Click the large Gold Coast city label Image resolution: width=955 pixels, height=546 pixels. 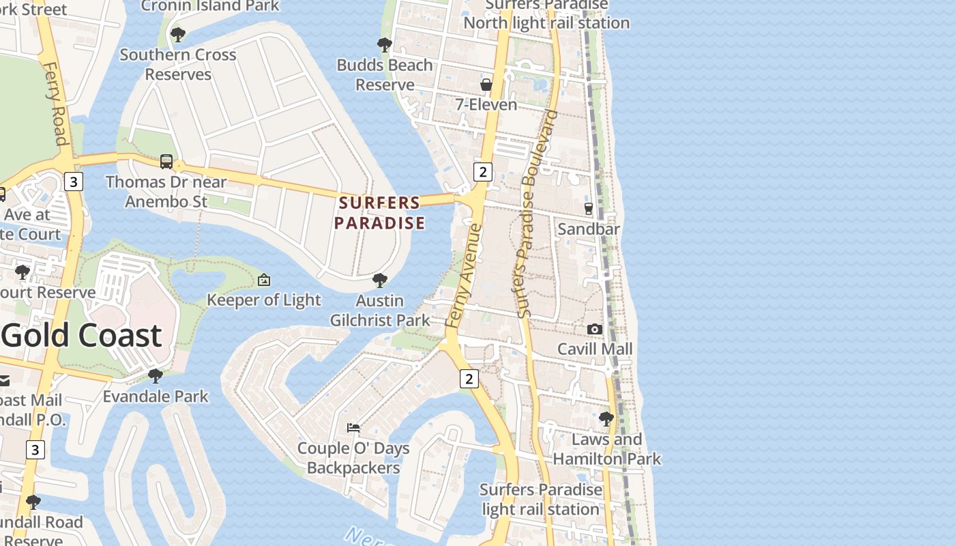pyautogui.click(x=82, y=335)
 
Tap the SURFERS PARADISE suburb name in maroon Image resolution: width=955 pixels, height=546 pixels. pyautogui.click(x=379, y=213)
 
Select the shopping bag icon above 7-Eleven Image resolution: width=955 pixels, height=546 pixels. pyautogui.click(x=486, y=85)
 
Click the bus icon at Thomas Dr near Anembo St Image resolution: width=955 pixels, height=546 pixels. pyautogui.click(x=166, y=162)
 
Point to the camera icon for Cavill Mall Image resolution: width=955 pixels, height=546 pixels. pyautogui.click(x=595, y=330)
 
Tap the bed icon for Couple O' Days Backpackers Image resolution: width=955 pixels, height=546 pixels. pyautogui.click(x=353, y=428)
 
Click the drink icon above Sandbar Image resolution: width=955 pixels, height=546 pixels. pyautogui.click(x=589, y=209)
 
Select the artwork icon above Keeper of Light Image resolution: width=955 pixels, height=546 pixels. pyautogui.click(x=264, y=280)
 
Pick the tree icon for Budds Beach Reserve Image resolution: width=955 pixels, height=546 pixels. pyautogui.click(x=385, y=45)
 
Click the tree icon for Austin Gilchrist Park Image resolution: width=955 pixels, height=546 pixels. pyautogui.click(x=380, y=280)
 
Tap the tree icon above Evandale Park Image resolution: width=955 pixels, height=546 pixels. pyautogui.click(x=156, y=375)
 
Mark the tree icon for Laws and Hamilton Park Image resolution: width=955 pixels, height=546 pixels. pyautogui.click(x=606, y=418)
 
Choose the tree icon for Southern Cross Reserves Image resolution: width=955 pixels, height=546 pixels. pyautogui.click(x=178, y=34)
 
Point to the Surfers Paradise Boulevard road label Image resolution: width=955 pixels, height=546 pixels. pyautogui.click(x=538, y=213)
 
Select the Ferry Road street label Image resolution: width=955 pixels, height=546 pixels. pyautogui.click(x=55, y=102)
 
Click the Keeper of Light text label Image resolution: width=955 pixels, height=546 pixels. pyautogui.click(x=263, y=300)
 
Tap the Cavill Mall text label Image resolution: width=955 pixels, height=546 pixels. pyautogui.click(x=595, y=349)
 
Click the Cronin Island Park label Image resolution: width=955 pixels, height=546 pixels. pyautogui.click(x=210, y=6)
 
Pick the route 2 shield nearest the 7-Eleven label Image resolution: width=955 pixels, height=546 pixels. pyautogui.click(x=483, y=171)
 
